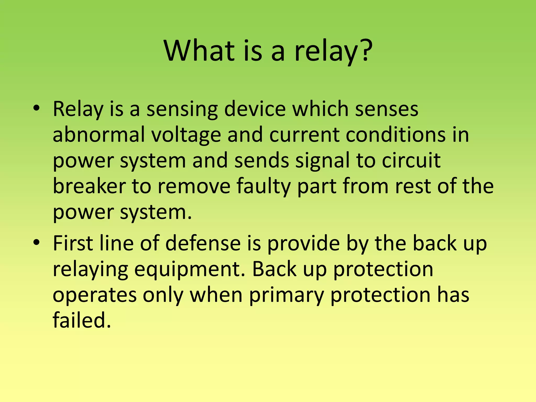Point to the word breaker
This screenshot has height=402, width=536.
click(x=89, y=186)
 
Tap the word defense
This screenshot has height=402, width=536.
click(x=203, y=243)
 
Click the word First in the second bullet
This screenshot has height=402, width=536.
click(x=73, y=243)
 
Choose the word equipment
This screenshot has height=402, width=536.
click(x=190, y=270)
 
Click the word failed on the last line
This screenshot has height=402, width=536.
click(x=82, y=320)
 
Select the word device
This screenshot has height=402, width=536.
click(x=255, y=109)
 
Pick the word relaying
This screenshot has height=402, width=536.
click(x=90, y=270)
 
